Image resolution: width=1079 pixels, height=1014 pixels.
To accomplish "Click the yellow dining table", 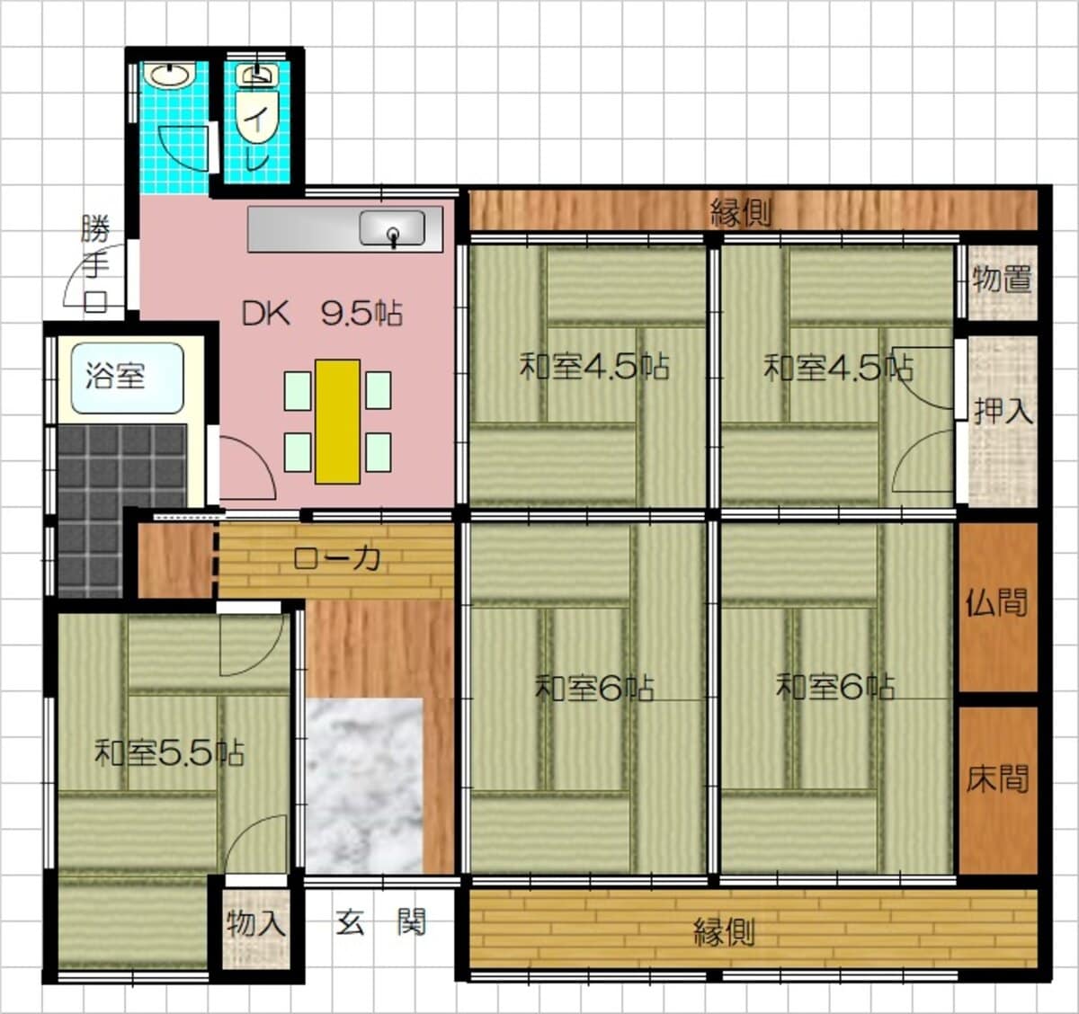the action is tap(337, 421).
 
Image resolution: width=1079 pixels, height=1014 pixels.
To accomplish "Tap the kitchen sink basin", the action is tap(392, 227).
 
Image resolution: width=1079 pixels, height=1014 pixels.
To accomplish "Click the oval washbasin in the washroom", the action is tap(173, 76).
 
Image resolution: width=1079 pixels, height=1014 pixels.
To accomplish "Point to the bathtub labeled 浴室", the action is tap(127, 378).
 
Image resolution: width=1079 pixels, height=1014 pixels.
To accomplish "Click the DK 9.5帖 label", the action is tap(322, 314).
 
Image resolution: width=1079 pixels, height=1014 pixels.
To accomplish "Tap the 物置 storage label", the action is tap(1002, 280).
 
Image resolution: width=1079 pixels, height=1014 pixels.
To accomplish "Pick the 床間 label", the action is tap(997, 778).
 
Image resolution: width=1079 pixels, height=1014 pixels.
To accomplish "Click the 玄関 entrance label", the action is tap(379, 922).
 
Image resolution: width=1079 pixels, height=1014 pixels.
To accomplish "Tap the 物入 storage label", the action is tap(256, 923).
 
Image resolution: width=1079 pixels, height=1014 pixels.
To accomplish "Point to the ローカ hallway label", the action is tap(336, 557).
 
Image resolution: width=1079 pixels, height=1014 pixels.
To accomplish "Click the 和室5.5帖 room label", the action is tap(169, 752).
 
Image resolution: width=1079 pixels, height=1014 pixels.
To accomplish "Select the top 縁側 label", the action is tap(741, 214).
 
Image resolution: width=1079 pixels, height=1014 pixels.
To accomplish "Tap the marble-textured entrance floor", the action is tap(364, 786).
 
